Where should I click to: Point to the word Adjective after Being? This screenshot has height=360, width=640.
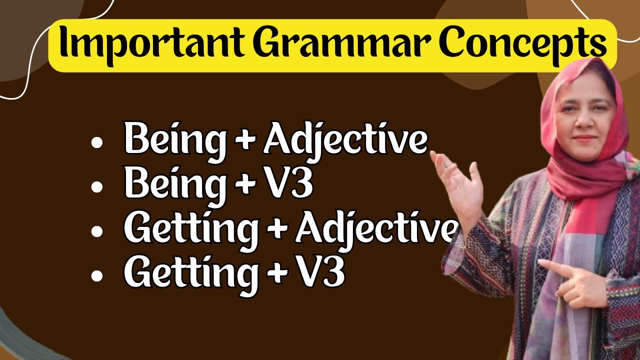345,142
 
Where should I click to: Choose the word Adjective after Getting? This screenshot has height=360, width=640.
375,229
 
